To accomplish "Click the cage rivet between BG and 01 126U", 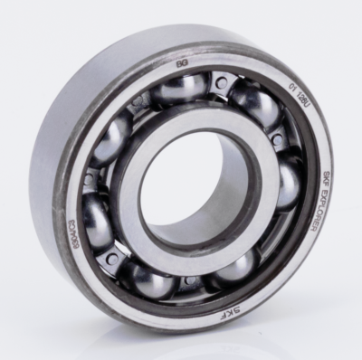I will pos(220,84).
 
